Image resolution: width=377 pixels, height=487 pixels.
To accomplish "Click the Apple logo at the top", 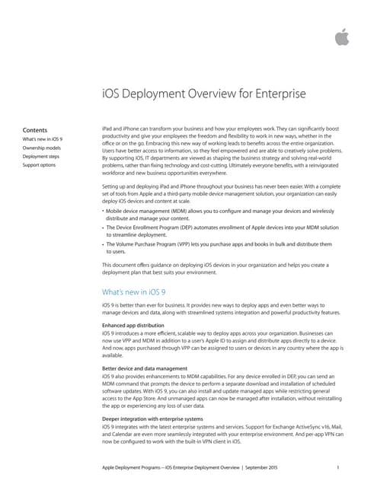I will [343, 37].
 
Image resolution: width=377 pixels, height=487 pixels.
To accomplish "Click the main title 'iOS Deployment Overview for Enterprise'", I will [204, 94].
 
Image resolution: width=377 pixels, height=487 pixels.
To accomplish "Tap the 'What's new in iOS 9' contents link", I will [43, 140].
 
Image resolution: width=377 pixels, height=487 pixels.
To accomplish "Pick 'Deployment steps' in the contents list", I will [42, 157].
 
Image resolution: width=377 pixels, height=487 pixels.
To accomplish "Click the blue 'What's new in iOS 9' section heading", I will [136, 291].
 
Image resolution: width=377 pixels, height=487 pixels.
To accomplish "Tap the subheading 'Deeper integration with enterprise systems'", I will [152, 419].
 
